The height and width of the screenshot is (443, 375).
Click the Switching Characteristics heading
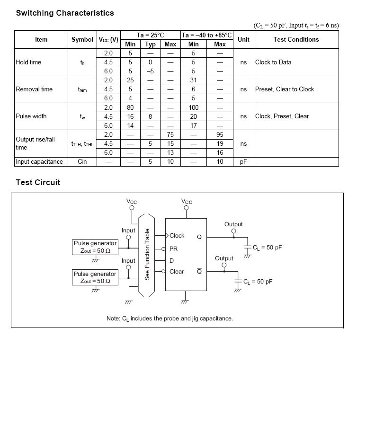click(65, 13)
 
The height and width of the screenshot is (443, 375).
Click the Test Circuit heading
click(38, 182)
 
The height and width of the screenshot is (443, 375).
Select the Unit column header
click(243, 39)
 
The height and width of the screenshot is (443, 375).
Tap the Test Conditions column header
click(296, 39)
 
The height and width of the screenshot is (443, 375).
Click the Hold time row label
click(28, 62)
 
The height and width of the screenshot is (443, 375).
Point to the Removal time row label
click(34, 89)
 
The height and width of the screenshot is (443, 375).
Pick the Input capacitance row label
click(39, 161)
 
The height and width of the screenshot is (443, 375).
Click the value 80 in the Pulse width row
click(130, 107)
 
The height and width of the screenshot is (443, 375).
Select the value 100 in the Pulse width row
click(194, 107)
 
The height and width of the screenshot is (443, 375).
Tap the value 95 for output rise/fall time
click(220, 134)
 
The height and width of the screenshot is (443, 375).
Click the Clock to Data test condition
click(273, 62)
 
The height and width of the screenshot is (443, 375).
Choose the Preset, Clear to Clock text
click(284, 89)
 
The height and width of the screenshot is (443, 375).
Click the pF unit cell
click(243, 161)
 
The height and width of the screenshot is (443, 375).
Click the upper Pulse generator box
click(95, 247)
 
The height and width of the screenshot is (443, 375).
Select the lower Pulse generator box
click(95, 277)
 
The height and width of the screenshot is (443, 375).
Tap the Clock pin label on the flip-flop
click(177, 236)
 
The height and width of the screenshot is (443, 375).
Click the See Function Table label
click(147, 254)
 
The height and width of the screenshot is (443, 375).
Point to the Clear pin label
click(176, 272)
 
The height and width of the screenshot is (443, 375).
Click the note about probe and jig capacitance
click(170, 319)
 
